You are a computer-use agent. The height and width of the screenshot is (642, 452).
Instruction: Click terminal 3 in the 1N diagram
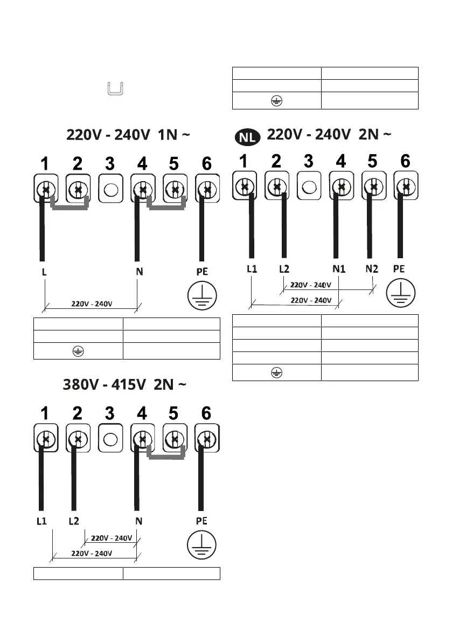click(x=110, y=189)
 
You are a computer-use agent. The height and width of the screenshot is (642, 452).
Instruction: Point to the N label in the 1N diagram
click(x=139, y=272)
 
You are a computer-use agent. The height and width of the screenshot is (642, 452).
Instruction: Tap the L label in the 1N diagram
click(x=44, y=272)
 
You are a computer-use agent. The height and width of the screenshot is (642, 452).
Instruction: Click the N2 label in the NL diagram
click(x=372, y=268)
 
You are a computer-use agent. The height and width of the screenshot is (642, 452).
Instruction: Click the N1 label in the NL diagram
click(x=338, y=268)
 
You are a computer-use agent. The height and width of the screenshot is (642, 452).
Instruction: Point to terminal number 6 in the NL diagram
click(x=405, y=161)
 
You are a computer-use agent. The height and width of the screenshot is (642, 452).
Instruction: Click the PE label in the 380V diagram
click(x=201, y=521)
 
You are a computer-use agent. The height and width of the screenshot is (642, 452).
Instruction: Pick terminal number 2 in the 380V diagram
click(x=78, y=413)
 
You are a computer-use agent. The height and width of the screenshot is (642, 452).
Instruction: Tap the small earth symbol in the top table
click(x=275, y=100)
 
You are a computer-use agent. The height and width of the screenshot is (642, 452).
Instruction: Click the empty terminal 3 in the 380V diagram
click(x=110, y=440)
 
